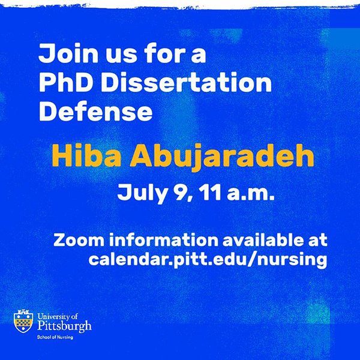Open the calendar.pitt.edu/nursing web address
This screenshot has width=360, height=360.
(208, 260)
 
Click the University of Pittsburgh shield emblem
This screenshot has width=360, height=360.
(23, 322)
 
